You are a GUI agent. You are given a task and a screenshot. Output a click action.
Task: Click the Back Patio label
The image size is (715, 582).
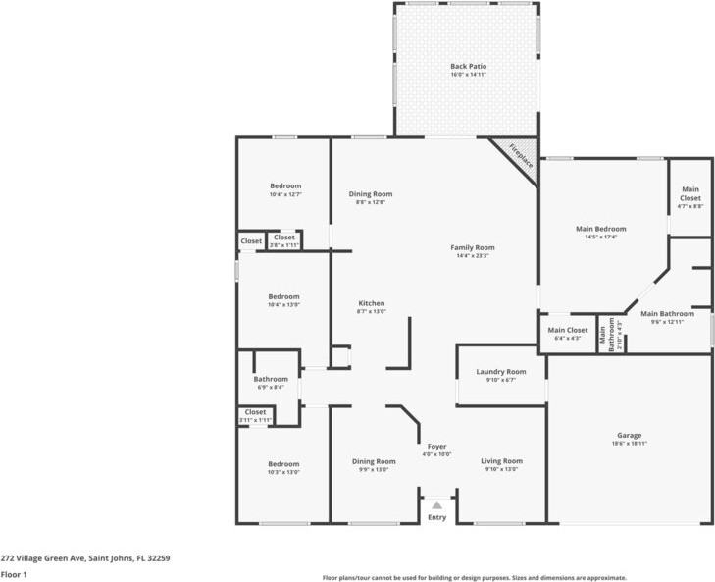[x=468, y=70]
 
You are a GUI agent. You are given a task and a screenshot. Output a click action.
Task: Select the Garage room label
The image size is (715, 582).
[x=629, y=439]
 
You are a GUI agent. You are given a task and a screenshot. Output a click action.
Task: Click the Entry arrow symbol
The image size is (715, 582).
[x=436, y=505]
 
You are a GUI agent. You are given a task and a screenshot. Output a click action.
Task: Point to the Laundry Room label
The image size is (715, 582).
[x=501, y=375]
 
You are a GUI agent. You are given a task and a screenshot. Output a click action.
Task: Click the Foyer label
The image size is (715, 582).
[x=436, y=450]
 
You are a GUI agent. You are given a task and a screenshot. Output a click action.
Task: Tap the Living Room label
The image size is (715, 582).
[x=501, y=464]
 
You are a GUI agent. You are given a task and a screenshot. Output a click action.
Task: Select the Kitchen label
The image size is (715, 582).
[x=371, y=307]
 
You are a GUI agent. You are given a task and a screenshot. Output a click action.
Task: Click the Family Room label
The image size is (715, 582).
[x=472, y=251]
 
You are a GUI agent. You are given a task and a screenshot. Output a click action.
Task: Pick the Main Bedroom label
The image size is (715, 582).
[x=600, y=232]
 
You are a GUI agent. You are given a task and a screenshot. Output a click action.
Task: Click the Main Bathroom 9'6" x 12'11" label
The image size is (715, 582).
[x=667, y=317]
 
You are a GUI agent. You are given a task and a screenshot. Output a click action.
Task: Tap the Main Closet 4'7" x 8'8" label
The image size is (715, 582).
[x=690, y=197]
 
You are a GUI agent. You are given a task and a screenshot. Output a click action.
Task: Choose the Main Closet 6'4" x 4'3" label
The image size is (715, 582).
[x=568, y=334]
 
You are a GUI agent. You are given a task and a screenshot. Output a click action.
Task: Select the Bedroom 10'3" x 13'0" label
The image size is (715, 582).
[x=283, y=467]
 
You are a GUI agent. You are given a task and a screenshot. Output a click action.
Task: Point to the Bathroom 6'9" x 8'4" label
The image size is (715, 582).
[x=271, y=383]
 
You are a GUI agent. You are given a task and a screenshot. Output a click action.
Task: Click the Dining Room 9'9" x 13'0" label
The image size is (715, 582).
[x=374, y=464]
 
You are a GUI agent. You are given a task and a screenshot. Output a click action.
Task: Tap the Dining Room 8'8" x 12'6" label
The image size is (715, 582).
[x=371, y=197]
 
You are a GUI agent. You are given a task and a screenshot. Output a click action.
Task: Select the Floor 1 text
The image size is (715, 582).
[x=13, y=574]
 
